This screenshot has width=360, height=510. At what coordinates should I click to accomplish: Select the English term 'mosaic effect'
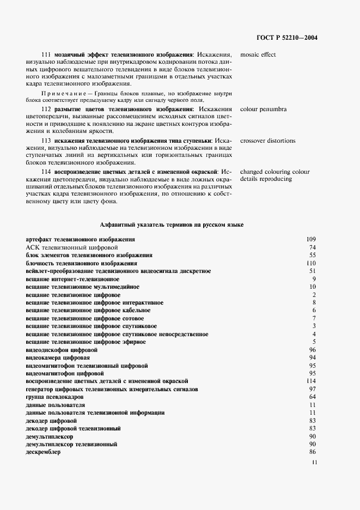(x=258, y=54)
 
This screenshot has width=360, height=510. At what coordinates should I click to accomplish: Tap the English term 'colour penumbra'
(x=263, y=109)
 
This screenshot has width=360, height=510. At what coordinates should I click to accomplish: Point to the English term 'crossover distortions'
(x=267, y=141)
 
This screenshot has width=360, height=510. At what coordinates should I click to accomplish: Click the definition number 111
(x=46, y=54)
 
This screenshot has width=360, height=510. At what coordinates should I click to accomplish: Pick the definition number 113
(x=46, y=141)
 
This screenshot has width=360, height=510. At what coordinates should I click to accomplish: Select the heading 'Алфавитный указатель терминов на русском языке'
(x=172, y=224)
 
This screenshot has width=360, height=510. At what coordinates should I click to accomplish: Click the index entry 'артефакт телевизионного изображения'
(x=80, y=239)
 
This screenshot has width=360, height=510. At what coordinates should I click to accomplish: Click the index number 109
(x=311, y=239)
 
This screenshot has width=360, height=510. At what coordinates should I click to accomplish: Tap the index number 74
(x=313, y=247)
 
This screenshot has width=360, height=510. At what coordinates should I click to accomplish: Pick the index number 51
(x=313, y=271)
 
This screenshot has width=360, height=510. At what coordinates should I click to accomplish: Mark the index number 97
(x=313, y=389)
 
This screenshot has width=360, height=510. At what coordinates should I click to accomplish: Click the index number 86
(x=313, y=452)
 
